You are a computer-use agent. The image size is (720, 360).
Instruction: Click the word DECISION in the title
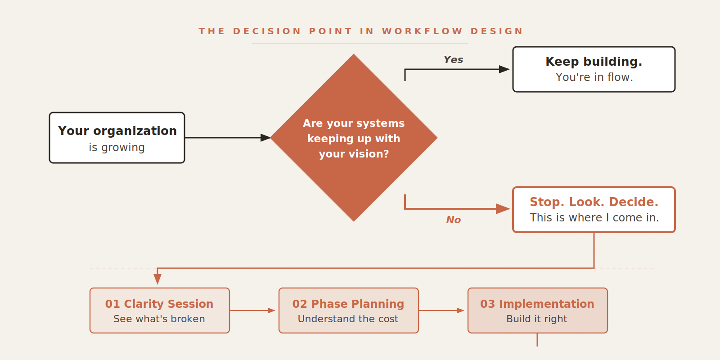[267, 31]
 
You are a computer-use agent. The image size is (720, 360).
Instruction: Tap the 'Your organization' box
[117, 138]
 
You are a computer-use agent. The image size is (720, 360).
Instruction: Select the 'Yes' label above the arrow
[453, 59]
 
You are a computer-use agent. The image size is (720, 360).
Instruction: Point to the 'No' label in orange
[453, 220]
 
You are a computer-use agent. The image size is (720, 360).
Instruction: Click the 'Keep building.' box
[594, 69]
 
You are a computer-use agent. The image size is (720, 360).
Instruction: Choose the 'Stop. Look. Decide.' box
[594, 210]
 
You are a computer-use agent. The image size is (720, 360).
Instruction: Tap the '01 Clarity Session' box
[160, 310]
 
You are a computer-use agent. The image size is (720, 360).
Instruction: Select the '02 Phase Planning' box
[349, 310]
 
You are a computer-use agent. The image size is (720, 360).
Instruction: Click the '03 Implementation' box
[538, 310]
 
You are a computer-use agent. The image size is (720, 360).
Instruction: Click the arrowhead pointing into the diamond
[265, 138]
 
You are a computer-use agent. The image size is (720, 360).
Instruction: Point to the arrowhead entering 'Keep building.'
[504, 69]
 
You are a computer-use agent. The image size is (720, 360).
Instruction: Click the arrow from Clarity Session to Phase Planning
[252, 310]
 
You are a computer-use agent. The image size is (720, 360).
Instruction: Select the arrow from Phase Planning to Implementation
[441, 310]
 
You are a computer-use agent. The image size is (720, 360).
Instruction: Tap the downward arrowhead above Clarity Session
[157, 279]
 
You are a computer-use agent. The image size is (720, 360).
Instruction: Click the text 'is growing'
[117, 148]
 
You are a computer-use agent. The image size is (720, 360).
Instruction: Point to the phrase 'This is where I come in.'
[594, 218]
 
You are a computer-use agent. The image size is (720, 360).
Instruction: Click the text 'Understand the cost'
[348, 319]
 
